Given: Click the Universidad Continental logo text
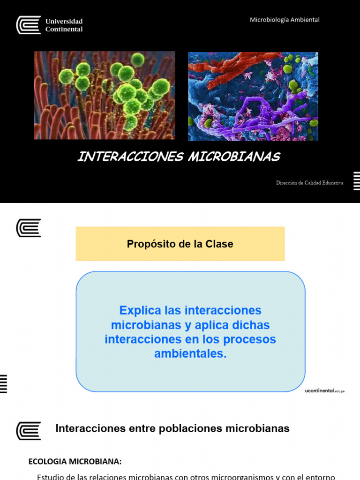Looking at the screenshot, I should [x=64, y=25].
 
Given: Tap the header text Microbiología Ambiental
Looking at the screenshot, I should [x=285, y=20].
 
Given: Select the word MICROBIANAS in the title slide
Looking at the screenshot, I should [x=234, y=157].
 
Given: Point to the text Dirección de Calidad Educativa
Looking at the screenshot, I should [x=309, y=183].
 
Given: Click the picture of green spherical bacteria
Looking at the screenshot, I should [x=105, y=96].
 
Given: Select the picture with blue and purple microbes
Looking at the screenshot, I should [x=253, y=96].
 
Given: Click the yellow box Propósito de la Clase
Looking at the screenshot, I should [x=180, y=244].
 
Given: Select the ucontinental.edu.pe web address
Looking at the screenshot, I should [x=324, y=390].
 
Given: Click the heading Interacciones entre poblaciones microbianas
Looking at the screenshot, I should [x=172, y=428].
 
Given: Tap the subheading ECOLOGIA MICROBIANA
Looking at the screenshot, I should [x=75, y=461].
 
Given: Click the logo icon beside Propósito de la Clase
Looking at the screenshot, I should [x=29, y=228].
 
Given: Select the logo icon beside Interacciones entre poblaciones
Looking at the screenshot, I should [x=29, y=430].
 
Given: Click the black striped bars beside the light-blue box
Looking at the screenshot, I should [x=3, y=384].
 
